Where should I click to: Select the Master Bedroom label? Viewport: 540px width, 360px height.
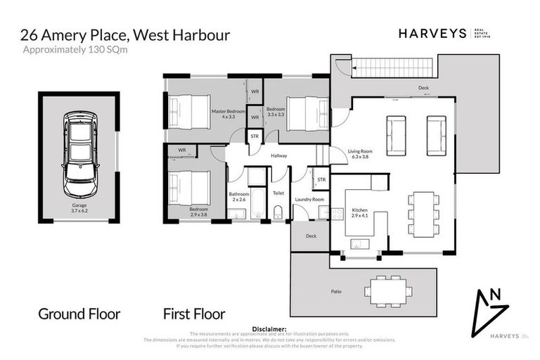[229, 113]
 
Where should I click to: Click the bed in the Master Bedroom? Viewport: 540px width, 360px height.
[189, 112]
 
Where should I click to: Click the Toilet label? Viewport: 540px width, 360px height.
[278, 192]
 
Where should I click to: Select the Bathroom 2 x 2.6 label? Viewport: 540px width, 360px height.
[239, 197]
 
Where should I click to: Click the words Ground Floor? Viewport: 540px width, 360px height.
[79, 314]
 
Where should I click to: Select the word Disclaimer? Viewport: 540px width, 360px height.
[270, 328]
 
